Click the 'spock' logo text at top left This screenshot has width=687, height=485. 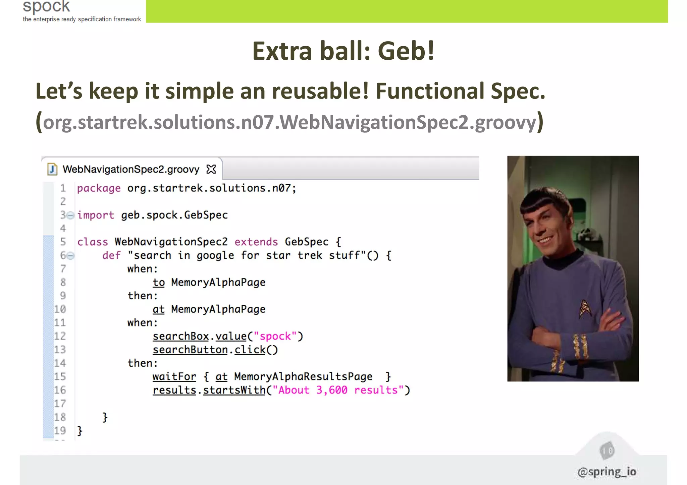pos(46,6)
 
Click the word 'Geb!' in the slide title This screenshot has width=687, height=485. pos(406,51)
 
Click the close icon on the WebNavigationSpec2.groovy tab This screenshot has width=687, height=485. pos(211,169)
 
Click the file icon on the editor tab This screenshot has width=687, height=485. pos(52,169)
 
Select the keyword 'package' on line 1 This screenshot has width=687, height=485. pos(99,188)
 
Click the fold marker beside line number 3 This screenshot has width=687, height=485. pos(70,215)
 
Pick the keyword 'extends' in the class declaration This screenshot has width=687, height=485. pos(256,242)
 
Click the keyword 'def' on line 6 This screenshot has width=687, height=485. pos(111,255)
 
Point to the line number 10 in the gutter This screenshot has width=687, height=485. pos(60,309)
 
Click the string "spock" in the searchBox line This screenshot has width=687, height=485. pos(275,336)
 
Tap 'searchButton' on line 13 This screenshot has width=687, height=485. pos(190,350)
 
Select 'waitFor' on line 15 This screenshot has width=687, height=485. pos(174,377)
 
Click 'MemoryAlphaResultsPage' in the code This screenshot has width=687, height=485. pos(303,377)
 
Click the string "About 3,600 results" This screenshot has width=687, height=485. pos(338,390)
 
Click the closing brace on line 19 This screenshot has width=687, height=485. pos(80,431)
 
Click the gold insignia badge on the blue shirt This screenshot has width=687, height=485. pos(585,308)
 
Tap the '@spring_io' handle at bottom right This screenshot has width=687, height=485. pos(606,472)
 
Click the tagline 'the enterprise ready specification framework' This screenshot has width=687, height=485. pos(82,19)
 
